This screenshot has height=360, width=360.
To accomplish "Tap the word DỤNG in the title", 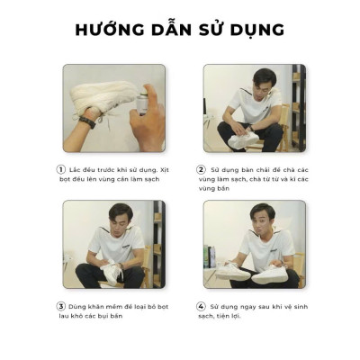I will pyautogui.click(x=256, y=31).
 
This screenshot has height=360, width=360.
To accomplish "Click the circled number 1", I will pyautogui.click(x=60, y=168).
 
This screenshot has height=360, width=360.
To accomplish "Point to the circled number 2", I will pyautogui.click(x=201, y=168).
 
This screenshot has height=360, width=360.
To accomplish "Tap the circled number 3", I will pyautogui.click(x=60, y=306).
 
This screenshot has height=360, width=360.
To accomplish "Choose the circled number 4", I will pyautogui.click(x=201, y=306).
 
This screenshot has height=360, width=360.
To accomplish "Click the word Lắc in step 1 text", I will pyautogui.click(x=76, y=168).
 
